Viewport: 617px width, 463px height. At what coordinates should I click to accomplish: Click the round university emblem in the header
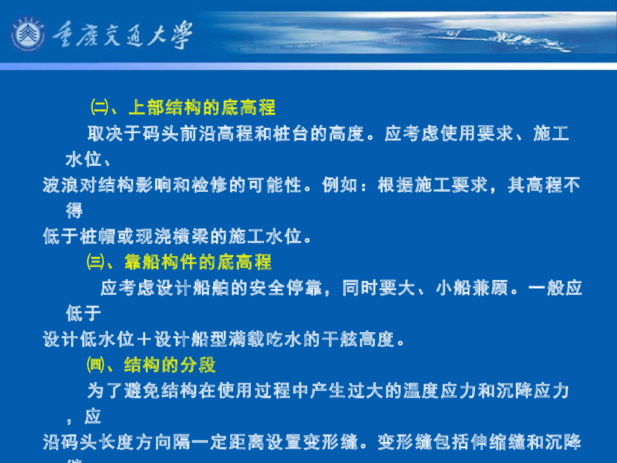(x=28, y=36)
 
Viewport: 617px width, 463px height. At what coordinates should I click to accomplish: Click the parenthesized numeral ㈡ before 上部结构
(x=98, y=108)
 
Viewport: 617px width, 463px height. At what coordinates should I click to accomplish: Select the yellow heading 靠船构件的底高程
(x=198, y=262)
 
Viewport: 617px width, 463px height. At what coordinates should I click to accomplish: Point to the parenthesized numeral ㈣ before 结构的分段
(x=96, y=365)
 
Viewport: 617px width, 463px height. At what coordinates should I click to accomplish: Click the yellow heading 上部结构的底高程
(x=202, y=108)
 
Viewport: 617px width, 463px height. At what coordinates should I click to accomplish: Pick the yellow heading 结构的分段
(x=171, y=365)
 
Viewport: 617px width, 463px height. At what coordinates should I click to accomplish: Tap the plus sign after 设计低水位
(x=143, y=340)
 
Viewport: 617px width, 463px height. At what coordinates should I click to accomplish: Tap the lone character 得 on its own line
(x=75, y=211)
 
